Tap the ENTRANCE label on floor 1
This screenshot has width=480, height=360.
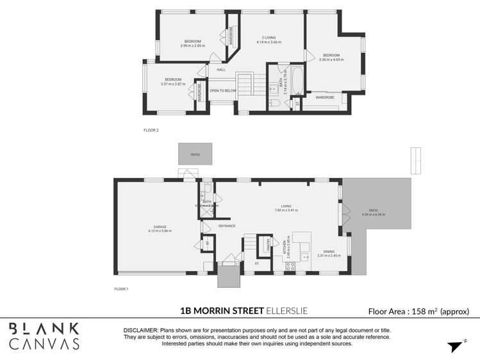(x=227, y=225)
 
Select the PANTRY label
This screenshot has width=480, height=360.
(x=261, y=246)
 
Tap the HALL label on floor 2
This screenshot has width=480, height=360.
(x=221, y=69)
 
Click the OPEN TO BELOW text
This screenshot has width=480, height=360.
(x=222, y=91)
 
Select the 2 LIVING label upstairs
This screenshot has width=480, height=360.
(x=269, y=40)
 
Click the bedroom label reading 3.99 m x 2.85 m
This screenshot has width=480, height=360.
(x=192, y=44)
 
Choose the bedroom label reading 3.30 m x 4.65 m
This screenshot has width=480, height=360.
(x=331, y=57)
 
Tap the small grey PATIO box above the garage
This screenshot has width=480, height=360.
(x=195, y=154)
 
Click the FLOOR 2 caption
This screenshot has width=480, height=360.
(x=151, y=130)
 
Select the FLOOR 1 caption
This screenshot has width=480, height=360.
(x=121, y=289)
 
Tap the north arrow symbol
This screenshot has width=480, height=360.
(x=454, y=345)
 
